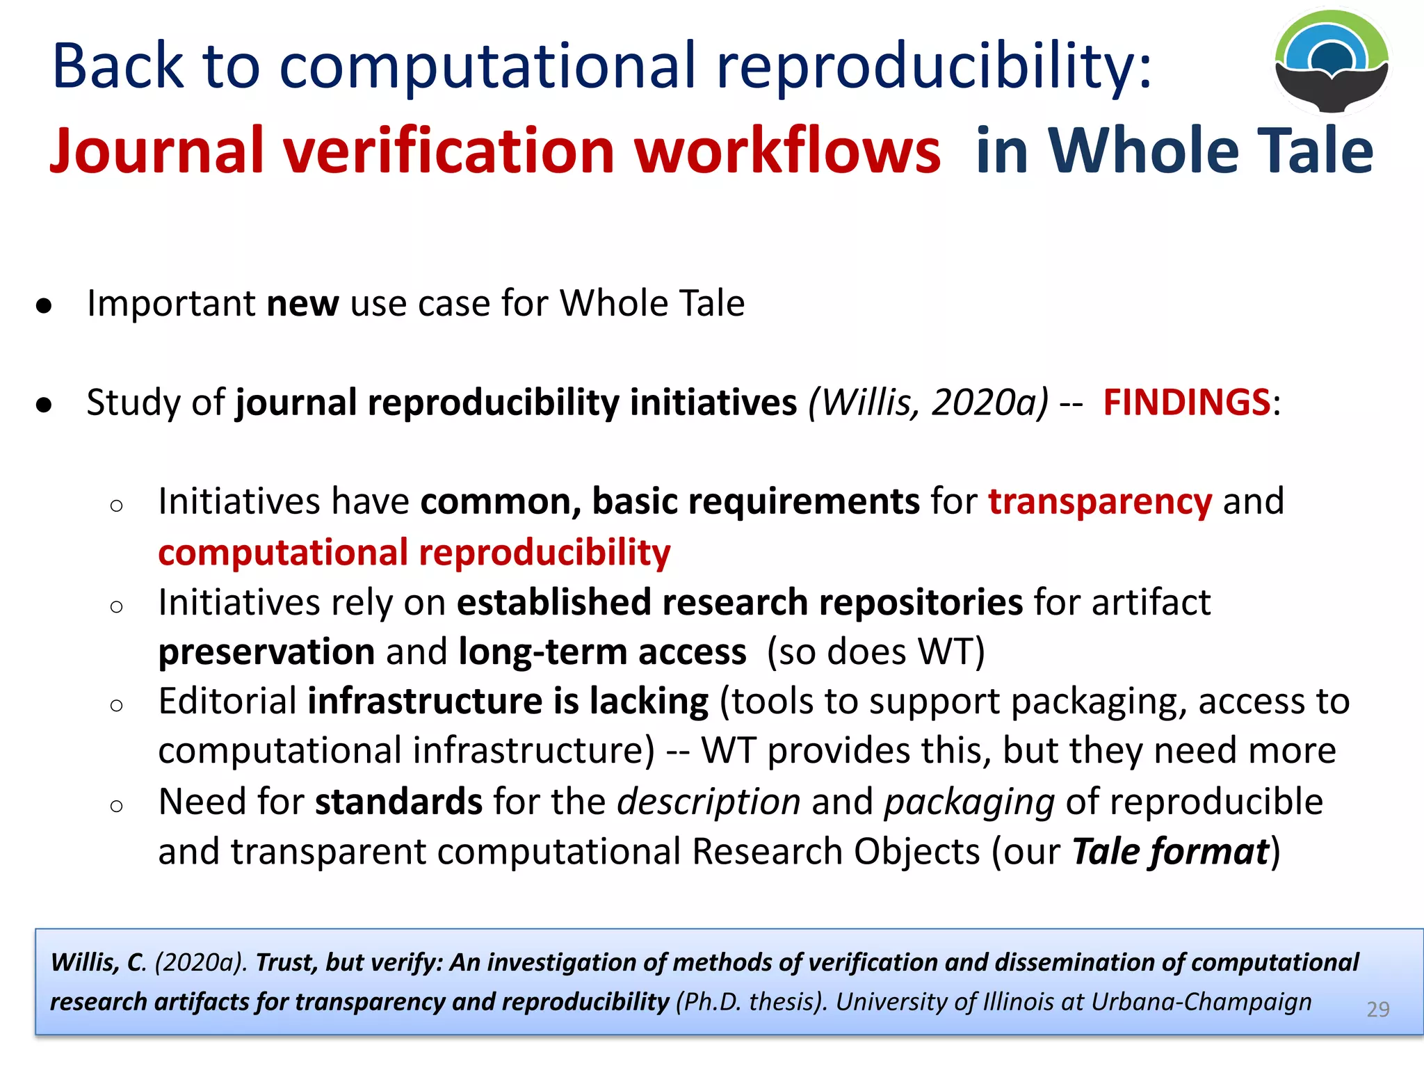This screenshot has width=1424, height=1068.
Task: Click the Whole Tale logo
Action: pyautogui.click(x=1332, y=61)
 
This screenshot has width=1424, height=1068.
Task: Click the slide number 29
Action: pyautogui.click(x=1377, y=1009)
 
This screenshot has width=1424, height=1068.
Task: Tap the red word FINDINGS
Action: pyautogui.click(x=1187, y=402)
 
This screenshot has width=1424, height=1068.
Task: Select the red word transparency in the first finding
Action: pyautogui.click(x=1100, y=502)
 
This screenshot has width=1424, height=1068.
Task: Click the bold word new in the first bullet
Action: pyautogui.click(x=302, y=304)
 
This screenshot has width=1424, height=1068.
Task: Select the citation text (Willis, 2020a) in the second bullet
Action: pyautogui.click(x=928, y=402)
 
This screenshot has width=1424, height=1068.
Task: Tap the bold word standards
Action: pyautogui.click(x=398, y=802)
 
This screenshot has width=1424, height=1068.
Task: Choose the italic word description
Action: pyautogui.click(x=709, y=802)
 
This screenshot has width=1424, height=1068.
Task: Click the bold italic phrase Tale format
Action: pyautogui.click(x=1170, y=852)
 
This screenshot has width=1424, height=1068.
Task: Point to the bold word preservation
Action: pyautogui.click(x=266, y=652)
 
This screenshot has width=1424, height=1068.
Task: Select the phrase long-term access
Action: pyautogui.click(x=602, y=652)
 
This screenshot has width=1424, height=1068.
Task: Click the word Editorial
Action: pyautogui.click(x=227, y=701)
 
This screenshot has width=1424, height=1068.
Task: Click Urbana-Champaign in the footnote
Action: pyautogui.click(x=1201, y=1002)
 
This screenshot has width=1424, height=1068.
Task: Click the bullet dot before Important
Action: pyautogui.click(x=44, y=305)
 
